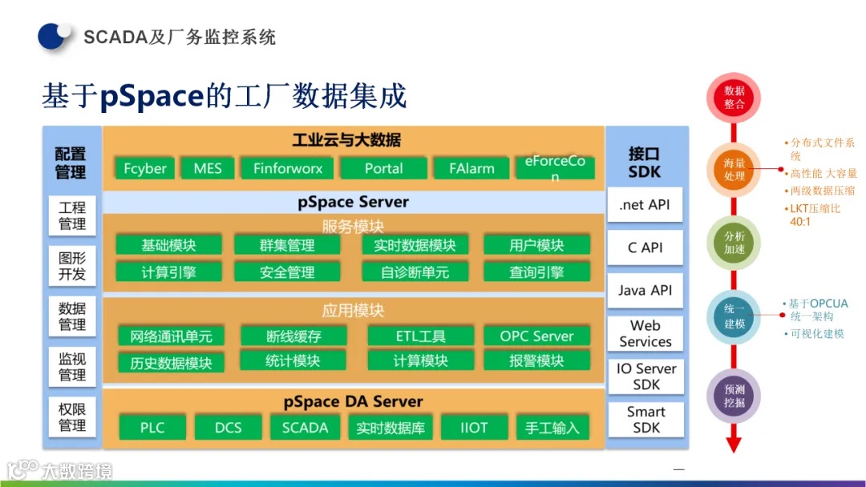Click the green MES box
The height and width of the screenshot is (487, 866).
208,168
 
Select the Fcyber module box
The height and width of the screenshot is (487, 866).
145,168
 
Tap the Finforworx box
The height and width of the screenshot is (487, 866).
287,168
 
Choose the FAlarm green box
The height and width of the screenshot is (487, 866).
471,168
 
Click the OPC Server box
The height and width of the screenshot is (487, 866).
536,336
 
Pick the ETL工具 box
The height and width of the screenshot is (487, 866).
420,336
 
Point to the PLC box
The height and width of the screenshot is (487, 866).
152,428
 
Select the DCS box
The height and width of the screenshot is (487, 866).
228,428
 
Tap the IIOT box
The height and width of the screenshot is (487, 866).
474,428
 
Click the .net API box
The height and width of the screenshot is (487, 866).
645,205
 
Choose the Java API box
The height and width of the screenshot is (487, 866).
645,291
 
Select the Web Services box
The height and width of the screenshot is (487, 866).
645,334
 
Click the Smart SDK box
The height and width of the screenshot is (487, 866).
645,420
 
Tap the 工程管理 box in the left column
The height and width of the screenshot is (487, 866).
72,215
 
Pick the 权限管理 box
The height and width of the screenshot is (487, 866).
72,417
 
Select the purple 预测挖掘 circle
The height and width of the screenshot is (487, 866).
734,396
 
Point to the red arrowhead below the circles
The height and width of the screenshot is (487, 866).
734,445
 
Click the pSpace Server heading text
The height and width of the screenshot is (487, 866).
353,202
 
